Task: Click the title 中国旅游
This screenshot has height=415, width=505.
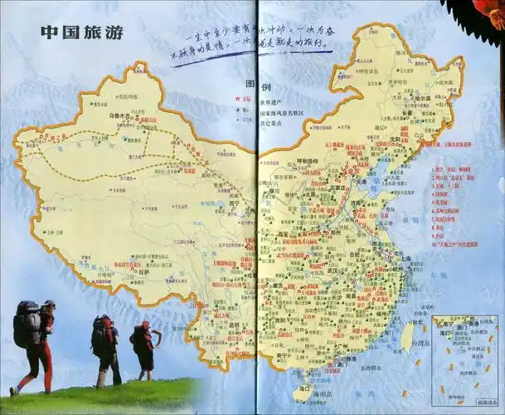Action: coord(81,34)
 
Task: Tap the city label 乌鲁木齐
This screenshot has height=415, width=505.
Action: coord(121,116)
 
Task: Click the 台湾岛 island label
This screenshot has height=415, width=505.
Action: coord(409,340)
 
